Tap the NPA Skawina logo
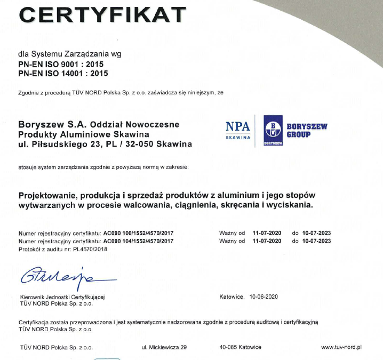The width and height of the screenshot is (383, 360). [237, 130]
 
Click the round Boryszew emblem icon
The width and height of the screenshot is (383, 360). [273, 130]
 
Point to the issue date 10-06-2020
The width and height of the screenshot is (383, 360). [264, 297]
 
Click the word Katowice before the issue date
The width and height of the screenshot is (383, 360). [232, 297]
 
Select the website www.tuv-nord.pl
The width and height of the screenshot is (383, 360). [341, 347]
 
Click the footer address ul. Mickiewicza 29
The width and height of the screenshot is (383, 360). [164, 347]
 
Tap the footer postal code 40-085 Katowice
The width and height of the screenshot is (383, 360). [240, 347]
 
